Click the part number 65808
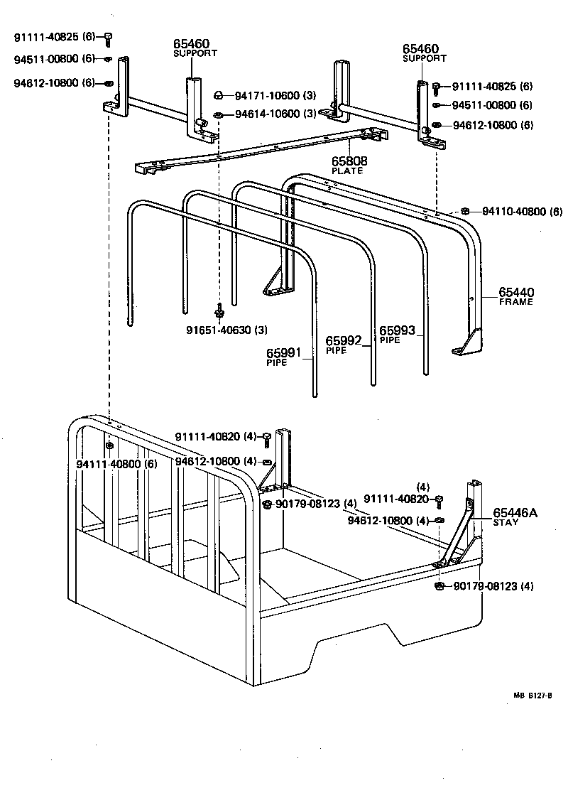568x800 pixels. click(x=349, y=161)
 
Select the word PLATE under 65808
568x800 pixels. click(x=347, y=171)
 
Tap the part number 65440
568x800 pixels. click(x=516, y=292)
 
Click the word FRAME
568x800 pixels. click(x=515, y=302)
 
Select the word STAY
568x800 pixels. click(x=506, y=522)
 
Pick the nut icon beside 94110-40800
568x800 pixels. click(x=464, y=211)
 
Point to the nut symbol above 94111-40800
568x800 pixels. click(x=109, y=445)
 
